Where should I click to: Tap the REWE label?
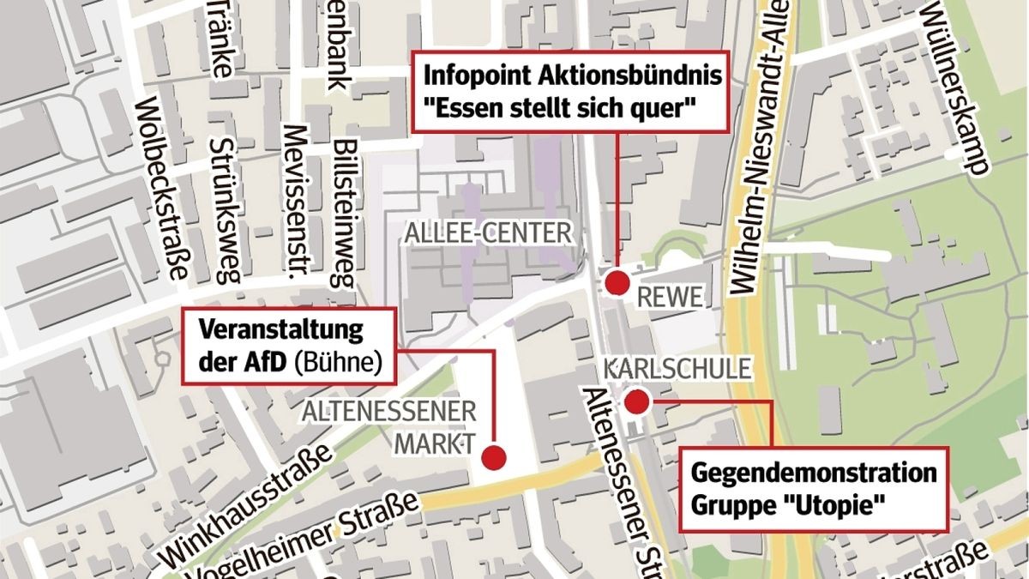pos(671,297)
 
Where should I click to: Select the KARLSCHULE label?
pos(678,370)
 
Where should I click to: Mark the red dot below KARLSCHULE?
pos(637,401)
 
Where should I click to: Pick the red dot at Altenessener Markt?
pos(493,457)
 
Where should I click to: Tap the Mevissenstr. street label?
pos(296,202)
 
